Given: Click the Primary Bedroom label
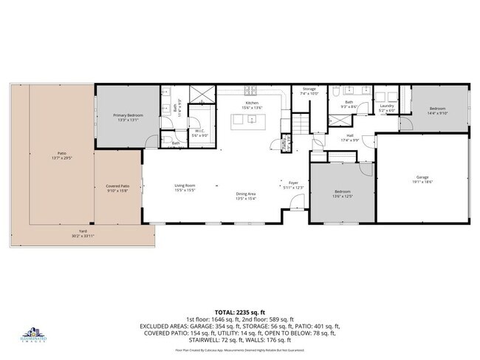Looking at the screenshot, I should point(128,115).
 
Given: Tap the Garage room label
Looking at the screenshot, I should point(422,177).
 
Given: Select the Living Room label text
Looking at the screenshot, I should point(185,186).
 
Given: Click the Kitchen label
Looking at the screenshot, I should point(252,103).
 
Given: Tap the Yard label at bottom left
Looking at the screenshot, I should point(82,233).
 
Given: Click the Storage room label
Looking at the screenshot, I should point(309,89).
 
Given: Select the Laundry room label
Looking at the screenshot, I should point(387,106).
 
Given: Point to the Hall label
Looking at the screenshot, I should point(349,135).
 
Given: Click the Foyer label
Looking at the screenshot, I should point(293,183).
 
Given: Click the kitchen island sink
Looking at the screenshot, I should point(252,118).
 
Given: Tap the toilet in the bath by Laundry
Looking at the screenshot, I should point(335,92).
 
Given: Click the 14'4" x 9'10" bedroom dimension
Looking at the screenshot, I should point(437,114).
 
